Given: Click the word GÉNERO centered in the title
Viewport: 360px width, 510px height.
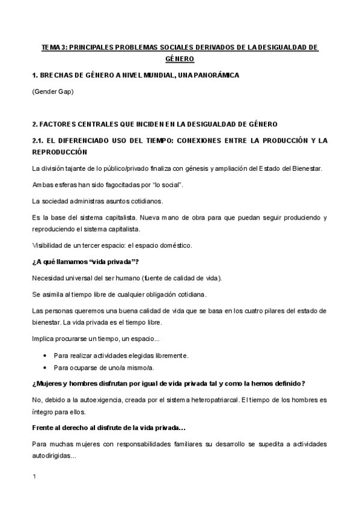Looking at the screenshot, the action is (179, 58).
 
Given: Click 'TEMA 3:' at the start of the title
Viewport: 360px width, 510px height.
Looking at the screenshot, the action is (53, 46).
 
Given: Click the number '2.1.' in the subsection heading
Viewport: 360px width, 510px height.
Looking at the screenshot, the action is (40, 141).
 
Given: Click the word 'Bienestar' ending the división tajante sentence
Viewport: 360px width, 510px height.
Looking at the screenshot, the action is (308, 168).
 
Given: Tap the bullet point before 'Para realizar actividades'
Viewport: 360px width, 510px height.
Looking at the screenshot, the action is (46, 355).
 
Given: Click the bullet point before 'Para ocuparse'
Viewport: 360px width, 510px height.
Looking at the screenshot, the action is (46, 367).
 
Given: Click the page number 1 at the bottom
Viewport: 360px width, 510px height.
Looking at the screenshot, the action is (34, 477).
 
